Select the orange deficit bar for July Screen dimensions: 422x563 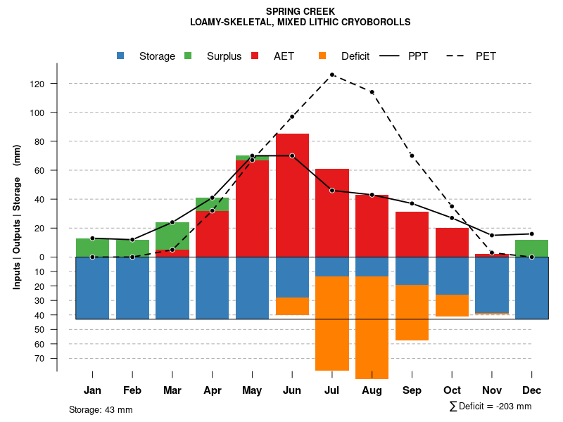pos(332,323)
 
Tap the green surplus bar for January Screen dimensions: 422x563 pos(92,248)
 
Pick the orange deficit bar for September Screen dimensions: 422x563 pos(412,312)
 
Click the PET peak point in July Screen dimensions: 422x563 pos(331,75)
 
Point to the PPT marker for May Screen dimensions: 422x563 pos(252,155)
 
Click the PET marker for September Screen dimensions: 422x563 pos(412,155)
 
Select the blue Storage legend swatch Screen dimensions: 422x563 pos(121,56)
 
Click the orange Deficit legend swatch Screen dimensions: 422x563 pos(322,56)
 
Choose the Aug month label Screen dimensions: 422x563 pos(372,390)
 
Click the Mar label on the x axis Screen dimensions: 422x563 pos(172,390)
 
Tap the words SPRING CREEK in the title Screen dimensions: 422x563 pos(301,11)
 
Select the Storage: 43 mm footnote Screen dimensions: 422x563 pos(101,409)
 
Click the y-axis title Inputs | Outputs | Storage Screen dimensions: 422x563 pos(17,217)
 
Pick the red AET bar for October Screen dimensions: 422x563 pos(452,242)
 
